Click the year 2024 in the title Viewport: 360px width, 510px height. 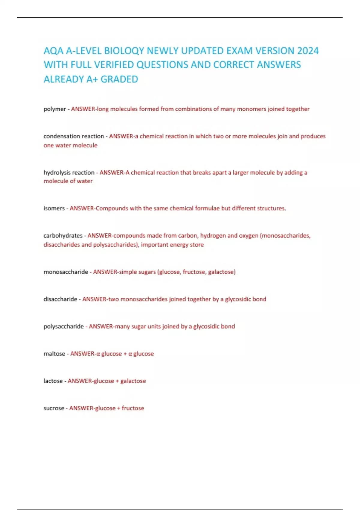(x=308, y=51)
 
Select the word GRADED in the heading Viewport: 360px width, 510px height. (x=119, y=79)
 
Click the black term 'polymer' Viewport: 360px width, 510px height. (x=55, y=109)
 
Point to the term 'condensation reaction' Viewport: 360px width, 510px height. (x=73, y=136)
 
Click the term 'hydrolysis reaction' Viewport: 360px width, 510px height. (x=69, y=172)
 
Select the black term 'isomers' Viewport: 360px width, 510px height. (x=54, y=208)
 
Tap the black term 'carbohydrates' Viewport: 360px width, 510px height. (x=63, y=235)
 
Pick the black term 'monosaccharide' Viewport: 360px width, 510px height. (x=66, y=272)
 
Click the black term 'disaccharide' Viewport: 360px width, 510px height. (x=60, y=299)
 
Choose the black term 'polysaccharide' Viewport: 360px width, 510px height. (x=64, y=326)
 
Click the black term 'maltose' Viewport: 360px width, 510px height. (x=54, y=354)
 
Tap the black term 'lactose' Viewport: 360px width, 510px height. (x=53, y=381)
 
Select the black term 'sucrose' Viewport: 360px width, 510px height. (x=54, y=408)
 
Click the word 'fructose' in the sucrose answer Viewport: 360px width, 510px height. (x=133, y=408)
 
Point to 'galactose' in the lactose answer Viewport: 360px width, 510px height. (x=133, y=381)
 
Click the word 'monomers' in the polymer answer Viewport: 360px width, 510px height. (x=251, y=109)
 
